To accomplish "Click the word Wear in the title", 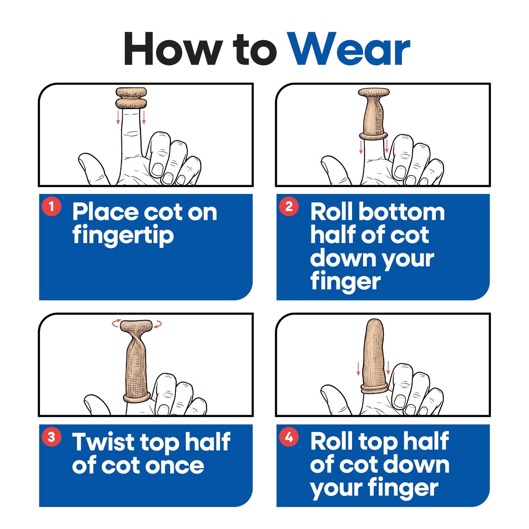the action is [x=350, y=49].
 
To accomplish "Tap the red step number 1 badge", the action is [x=51, y=206].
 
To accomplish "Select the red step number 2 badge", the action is [x=289, y=206].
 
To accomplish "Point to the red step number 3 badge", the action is [x=51, y=437].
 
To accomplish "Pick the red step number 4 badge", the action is [x=289, y=437].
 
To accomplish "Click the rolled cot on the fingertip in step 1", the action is [x=131, y=98].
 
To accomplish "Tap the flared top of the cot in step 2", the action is [x=374, y=92].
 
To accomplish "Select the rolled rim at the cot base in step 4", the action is [x=374, y=388].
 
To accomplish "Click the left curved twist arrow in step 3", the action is [x=116, y=323].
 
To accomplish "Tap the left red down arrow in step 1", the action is [x=118, y=117].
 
